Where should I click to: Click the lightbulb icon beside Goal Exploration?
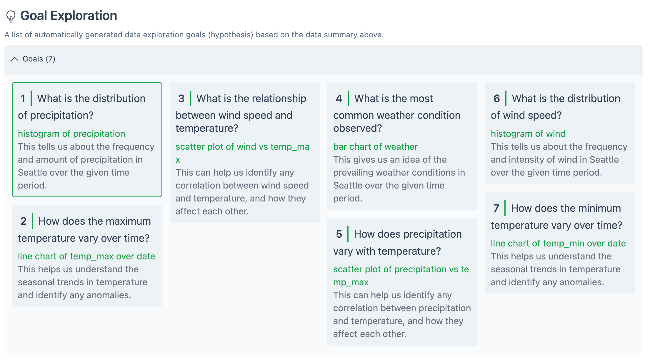click(x=11, y=16)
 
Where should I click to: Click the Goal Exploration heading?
click(x=69, y=16)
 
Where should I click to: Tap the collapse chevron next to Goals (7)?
click(x=15, y=59)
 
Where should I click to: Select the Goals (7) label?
click(x=39, y=59)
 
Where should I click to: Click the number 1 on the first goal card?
click(x=23, y=99)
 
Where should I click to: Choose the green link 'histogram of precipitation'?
click(x=71, y=134)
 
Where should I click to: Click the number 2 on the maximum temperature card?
click(x=24, y=221)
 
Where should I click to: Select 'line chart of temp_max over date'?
click(x=86, y=256)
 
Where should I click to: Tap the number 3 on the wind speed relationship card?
click(x=181, y=99)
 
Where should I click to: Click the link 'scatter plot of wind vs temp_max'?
click(x=242, y=146)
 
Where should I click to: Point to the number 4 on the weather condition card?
click(x=339, y=99)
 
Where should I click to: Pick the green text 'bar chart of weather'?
click(x=375, y=146)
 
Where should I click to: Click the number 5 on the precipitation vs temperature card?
click(x=339, y=234)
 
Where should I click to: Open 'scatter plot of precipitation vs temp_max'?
click(x=401, y=269)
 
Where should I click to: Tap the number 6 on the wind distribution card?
click(x=496, y=99)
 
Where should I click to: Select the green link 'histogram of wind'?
click(x=528, y=134)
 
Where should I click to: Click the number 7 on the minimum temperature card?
click(x=496, y=208)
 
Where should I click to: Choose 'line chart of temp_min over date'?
click(x=558, y=243)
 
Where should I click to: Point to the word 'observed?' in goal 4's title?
click(x=357, y=128)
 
